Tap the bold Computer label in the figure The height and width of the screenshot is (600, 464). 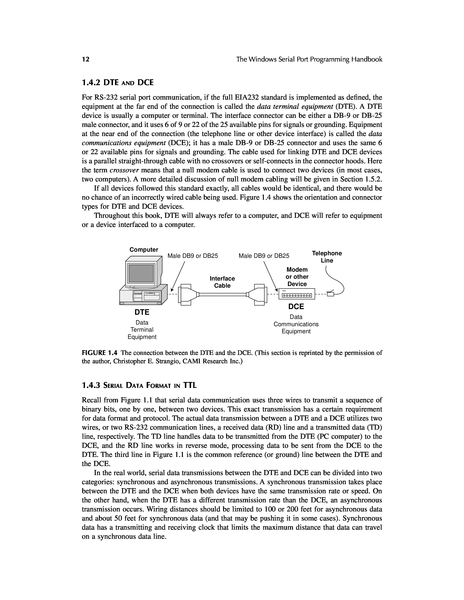tap(144, 249)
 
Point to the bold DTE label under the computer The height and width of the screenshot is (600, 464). tap(142, 312)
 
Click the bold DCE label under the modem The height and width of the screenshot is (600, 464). tap(296, 306)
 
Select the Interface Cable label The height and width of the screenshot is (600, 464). tap(222, 282)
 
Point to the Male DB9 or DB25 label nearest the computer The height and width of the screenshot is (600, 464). tap(193, 256)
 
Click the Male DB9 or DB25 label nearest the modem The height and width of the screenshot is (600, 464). tap(264, 256)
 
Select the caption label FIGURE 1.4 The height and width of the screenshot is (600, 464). tap(100, 353)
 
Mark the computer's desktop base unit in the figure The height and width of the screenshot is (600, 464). tap(143, 295)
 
